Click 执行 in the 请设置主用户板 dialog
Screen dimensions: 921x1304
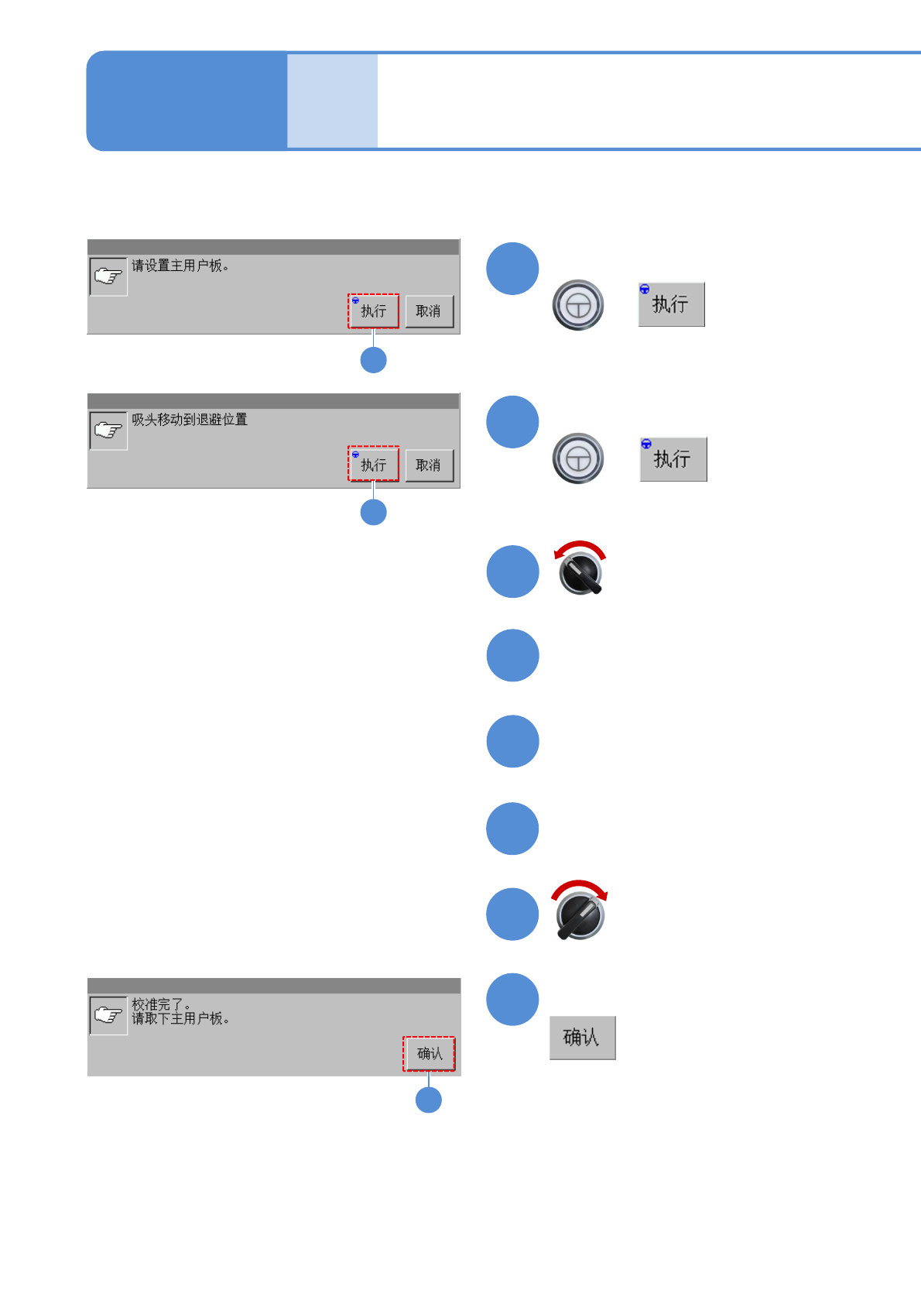coord(373,311)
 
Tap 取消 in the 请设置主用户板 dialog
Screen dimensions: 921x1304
coord(429,311)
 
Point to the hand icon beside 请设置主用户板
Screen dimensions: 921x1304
coord(108,276)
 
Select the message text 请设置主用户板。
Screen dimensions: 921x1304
coord(180,266)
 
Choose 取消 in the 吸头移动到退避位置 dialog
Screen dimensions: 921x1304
coord(429,465)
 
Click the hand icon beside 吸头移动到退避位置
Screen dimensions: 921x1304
coord(108,431)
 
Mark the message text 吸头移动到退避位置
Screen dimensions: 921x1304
coord(190,420)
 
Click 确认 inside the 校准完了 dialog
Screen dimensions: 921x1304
coord(429,1054)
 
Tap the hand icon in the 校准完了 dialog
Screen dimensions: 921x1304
coord(108,1016)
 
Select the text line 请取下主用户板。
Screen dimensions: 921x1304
coord(180,1019)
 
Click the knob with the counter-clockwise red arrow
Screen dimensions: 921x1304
coord(580,574)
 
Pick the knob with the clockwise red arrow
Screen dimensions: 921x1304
coord(580,916)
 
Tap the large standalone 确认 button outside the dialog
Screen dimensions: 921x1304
coord(582,1038)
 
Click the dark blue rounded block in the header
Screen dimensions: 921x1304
coord(187,101)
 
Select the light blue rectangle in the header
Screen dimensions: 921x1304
coord(332,101)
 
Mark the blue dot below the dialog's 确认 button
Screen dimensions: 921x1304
coord(429,1100)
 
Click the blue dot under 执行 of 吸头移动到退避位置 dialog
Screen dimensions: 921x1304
coord(374,512)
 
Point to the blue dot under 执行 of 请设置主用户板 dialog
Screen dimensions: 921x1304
coord(374,360)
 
